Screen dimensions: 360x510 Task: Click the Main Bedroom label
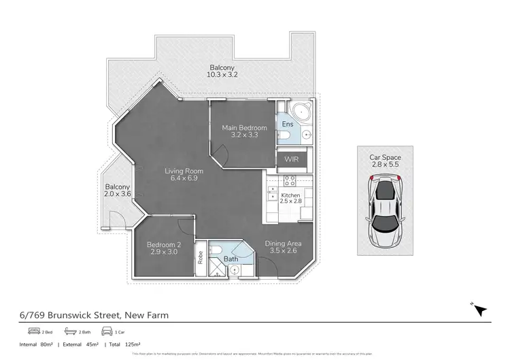(x=244, y=127)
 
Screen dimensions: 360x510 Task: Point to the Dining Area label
(x=284, y=244)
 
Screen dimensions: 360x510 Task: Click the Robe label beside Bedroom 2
(x=200, y=257)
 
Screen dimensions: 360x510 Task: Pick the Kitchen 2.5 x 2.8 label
(x=290, y=198)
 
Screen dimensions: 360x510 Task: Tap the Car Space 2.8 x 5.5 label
(x=386, y=161)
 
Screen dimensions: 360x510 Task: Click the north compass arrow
(x=481, y=310)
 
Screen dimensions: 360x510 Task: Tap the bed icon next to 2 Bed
(x=34, y=331)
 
